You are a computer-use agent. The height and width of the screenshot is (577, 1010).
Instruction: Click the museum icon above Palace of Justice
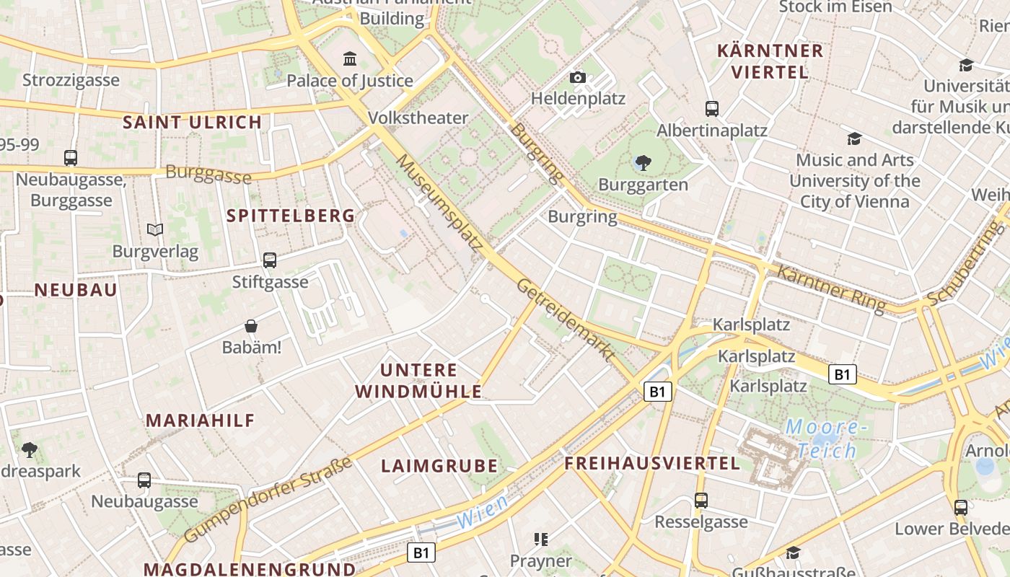[x=350, y=58]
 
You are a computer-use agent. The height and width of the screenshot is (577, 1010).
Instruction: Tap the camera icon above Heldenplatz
[x=577, y=77]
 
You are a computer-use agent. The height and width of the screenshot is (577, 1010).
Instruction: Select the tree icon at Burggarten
[x=643, y=163]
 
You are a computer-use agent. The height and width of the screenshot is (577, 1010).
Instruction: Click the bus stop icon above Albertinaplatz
[x=712, y=109]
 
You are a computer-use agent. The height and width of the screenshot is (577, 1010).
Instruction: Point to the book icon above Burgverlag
[x=155, y=230]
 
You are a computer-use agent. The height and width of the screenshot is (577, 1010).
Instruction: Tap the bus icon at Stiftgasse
[x=270, y=260]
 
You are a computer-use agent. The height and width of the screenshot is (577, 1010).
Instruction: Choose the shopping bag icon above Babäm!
[x=250, y=326]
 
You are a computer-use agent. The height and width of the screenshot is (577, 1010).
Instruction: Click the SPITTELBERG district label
[x=291, y=216]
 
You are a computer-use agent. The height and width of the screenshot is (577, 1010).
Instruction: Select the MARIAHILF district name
[x=201, y=420]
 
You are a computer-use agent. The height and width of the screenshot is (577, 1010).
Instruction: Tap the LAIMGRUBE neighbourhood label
[x=439, y=466]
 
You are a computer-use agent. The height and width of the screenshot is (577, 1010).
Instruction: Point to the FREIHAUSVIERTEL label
[x=652, y=463]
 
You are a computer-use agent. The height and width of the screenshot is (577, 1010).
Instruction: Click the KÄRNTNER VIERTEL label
[x=770, y=61]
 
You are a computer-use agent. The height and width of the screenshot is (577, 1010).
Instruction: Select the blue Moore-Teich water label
[x=822, y=439]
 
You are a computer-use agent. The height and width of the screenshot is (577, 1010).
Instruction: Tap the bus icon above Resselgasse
[x=701, y=501]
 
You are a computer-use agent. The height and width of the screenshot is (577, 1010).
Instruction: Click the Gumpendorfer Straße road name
[x=268, y=500]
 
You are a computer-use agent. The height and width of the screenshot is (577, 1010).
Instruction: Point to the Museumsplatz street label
[x=439, y=203]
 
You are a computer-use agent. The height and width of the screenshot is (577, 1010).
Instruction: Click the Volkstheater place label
[x=418, y=118]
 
